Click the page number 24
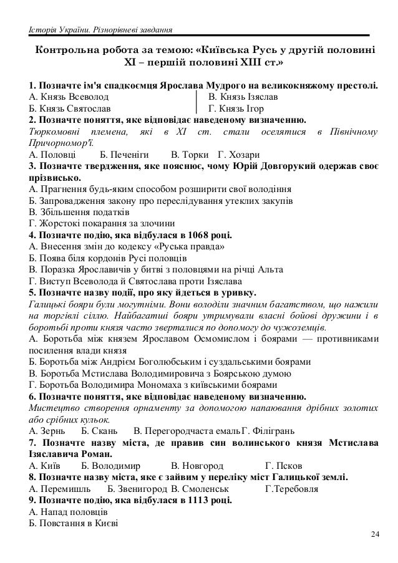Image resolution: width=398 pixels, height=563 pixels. pyautogui.click(x=374, y=534)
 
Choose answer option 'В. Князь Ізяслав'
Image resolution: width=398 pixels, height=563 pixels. pyautogui.click(x=243, y=98)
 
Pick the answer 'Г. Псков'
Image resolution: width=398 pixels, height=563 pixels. pyautogui.click(x=284, y=466)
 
